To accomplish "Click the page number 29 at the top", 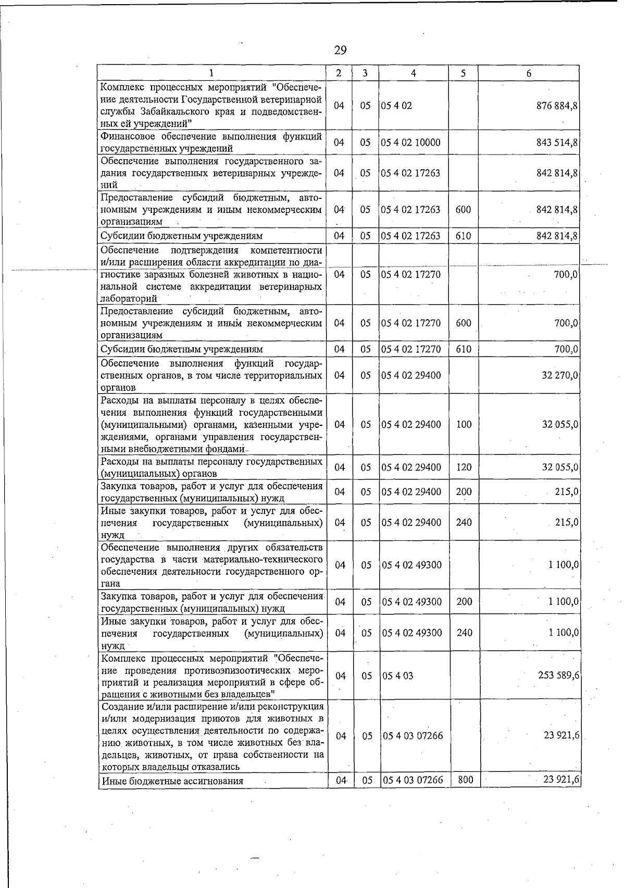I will click(340, 50).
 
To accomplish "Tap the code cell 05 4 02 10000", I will click(411, 143).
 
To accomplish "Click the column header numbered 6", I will click(528, 73).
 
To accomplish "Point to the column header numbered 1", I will click(213, 73).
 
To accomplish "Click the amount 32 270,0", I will click(559, 375).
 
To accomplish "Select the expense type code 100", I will click(463, 424).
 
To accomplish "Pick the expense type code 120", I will click(463, 467).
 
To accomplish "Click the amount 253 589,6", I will click(558, 676).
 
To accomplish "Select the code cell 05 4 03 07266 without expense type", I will click(413, 736).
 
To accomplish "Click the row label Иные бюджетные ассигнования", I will click(172, 781).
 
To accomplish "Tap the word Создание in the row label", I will click(121, 707).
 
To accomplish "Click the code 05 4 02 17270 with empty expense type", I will click(411, 274).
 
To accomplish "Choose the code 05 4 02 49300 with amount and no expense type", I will click(411, 565).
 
